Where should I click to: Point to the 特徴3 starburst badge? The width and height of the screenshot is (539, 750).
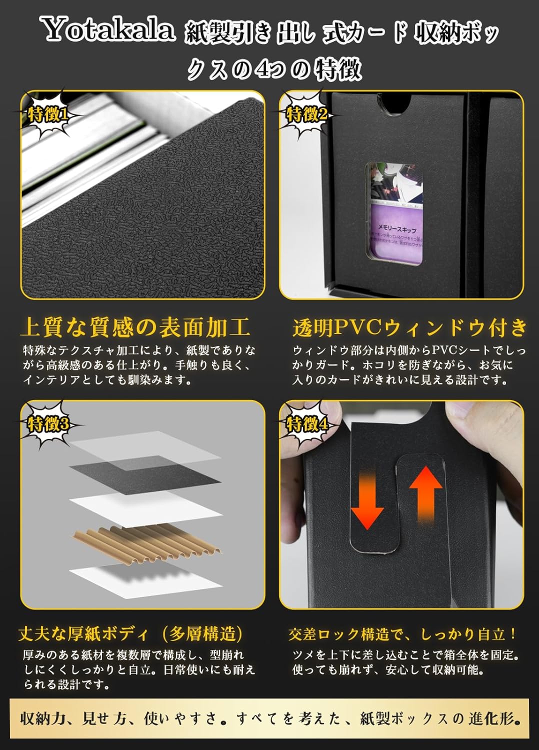[48, 425]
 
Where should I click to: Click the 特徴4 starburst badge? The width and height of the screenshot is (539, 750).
[306, 425]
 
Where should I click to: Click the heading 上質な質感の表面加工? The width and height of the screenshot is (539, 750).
[135, 327]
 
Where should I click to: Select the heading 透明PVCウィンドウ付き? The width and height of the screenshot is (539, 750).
[410, 327]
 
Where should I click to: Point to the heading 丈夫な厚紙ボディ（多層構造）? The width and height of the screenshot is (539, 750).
[130, 634]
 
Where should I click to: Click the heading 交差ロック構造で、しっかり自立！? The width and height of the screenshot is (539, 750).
[403, 634]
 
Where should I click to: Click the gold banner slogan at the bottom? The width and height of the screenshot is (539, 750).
[269, 719]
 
